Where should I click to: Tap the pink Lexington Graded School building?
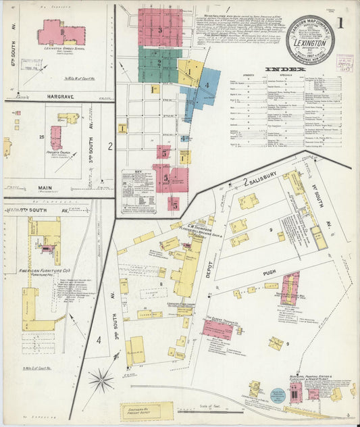coord(53,31)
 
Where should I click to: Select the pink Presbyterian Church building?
coord(56,137)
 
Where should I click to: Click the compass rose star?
coord(101,381)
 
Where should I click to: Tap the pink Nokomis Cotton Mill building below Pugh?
coord(290,286)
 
